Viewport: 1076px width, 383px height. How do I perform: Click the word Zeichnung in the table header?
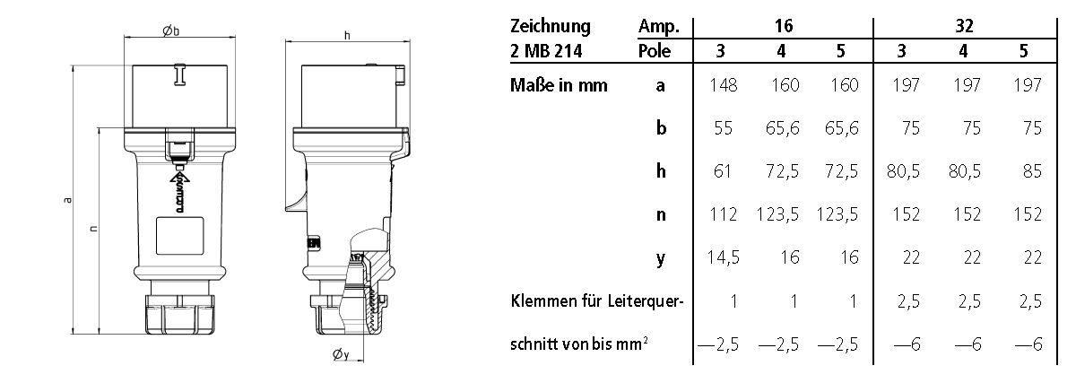point(548,27)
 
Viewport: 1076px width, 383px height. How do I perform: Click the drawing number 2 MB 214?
point(546,52)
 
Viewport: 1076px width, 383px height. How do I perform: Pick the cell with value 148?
point(721,86)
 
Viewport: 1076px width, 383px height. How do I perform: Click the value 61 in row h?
point(725,172)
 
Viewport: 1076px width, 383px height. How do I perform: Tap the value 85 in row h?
point(1031,172)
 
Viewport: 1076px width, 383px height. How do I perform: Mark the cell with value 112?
point(721,215)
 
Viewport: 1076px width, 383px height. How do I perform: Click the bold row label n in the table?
point(661,215)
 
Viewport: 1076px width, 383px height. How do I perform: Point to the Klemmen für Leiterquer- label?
point(596,302)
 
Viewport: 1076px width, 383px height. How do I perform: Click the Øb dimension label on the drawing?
point(171,30)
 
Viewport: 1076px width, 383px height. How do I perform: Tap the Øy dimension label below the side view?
point(340,356)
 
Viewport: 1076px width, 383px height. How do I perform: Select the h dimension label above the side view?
point(346,35)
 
